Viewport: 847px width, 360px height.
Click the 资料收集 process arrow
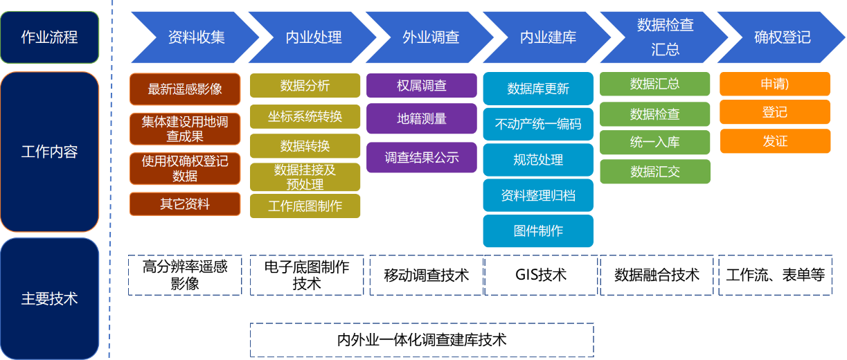[196, 37]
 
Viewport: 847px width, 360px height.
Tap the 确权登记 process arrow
[782, 37]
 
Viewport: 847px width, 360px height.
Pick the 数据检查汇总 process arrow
[665, 37]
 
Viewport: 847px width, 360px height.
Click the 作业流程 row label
[50, 37]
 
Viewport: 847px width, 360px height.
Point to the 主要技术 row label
[50, 298]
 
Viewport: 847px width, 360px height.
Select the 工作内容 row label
[50, 152]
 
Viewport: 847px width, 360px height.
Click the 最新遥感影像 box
[185, 89]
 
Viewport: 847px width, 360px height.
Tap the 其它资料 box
[185, 204]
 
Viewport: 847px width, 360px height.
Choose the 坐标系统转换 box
[305, 116]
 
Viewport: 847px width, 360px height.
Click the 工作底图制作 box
[305, 206]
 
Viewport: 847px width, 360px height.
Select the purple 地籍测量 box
[421, 118]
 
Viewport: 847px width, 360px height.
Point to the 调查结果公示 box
[421, 157]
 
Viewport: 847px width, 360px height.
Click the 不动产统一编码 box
[537, 125]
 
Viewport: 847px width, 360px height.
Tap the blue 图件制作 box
[537, 231]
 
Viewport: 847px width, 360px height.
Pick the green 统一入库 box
[654, 142]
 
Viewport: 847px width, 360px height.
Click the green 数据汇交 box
[654, 172]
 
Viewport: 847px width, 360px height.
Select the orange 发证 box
[775, 141]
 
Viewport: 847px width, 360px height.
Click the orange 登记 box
[775, 112]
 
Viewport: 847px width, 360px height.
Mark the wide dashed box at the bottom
[422, 340]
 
